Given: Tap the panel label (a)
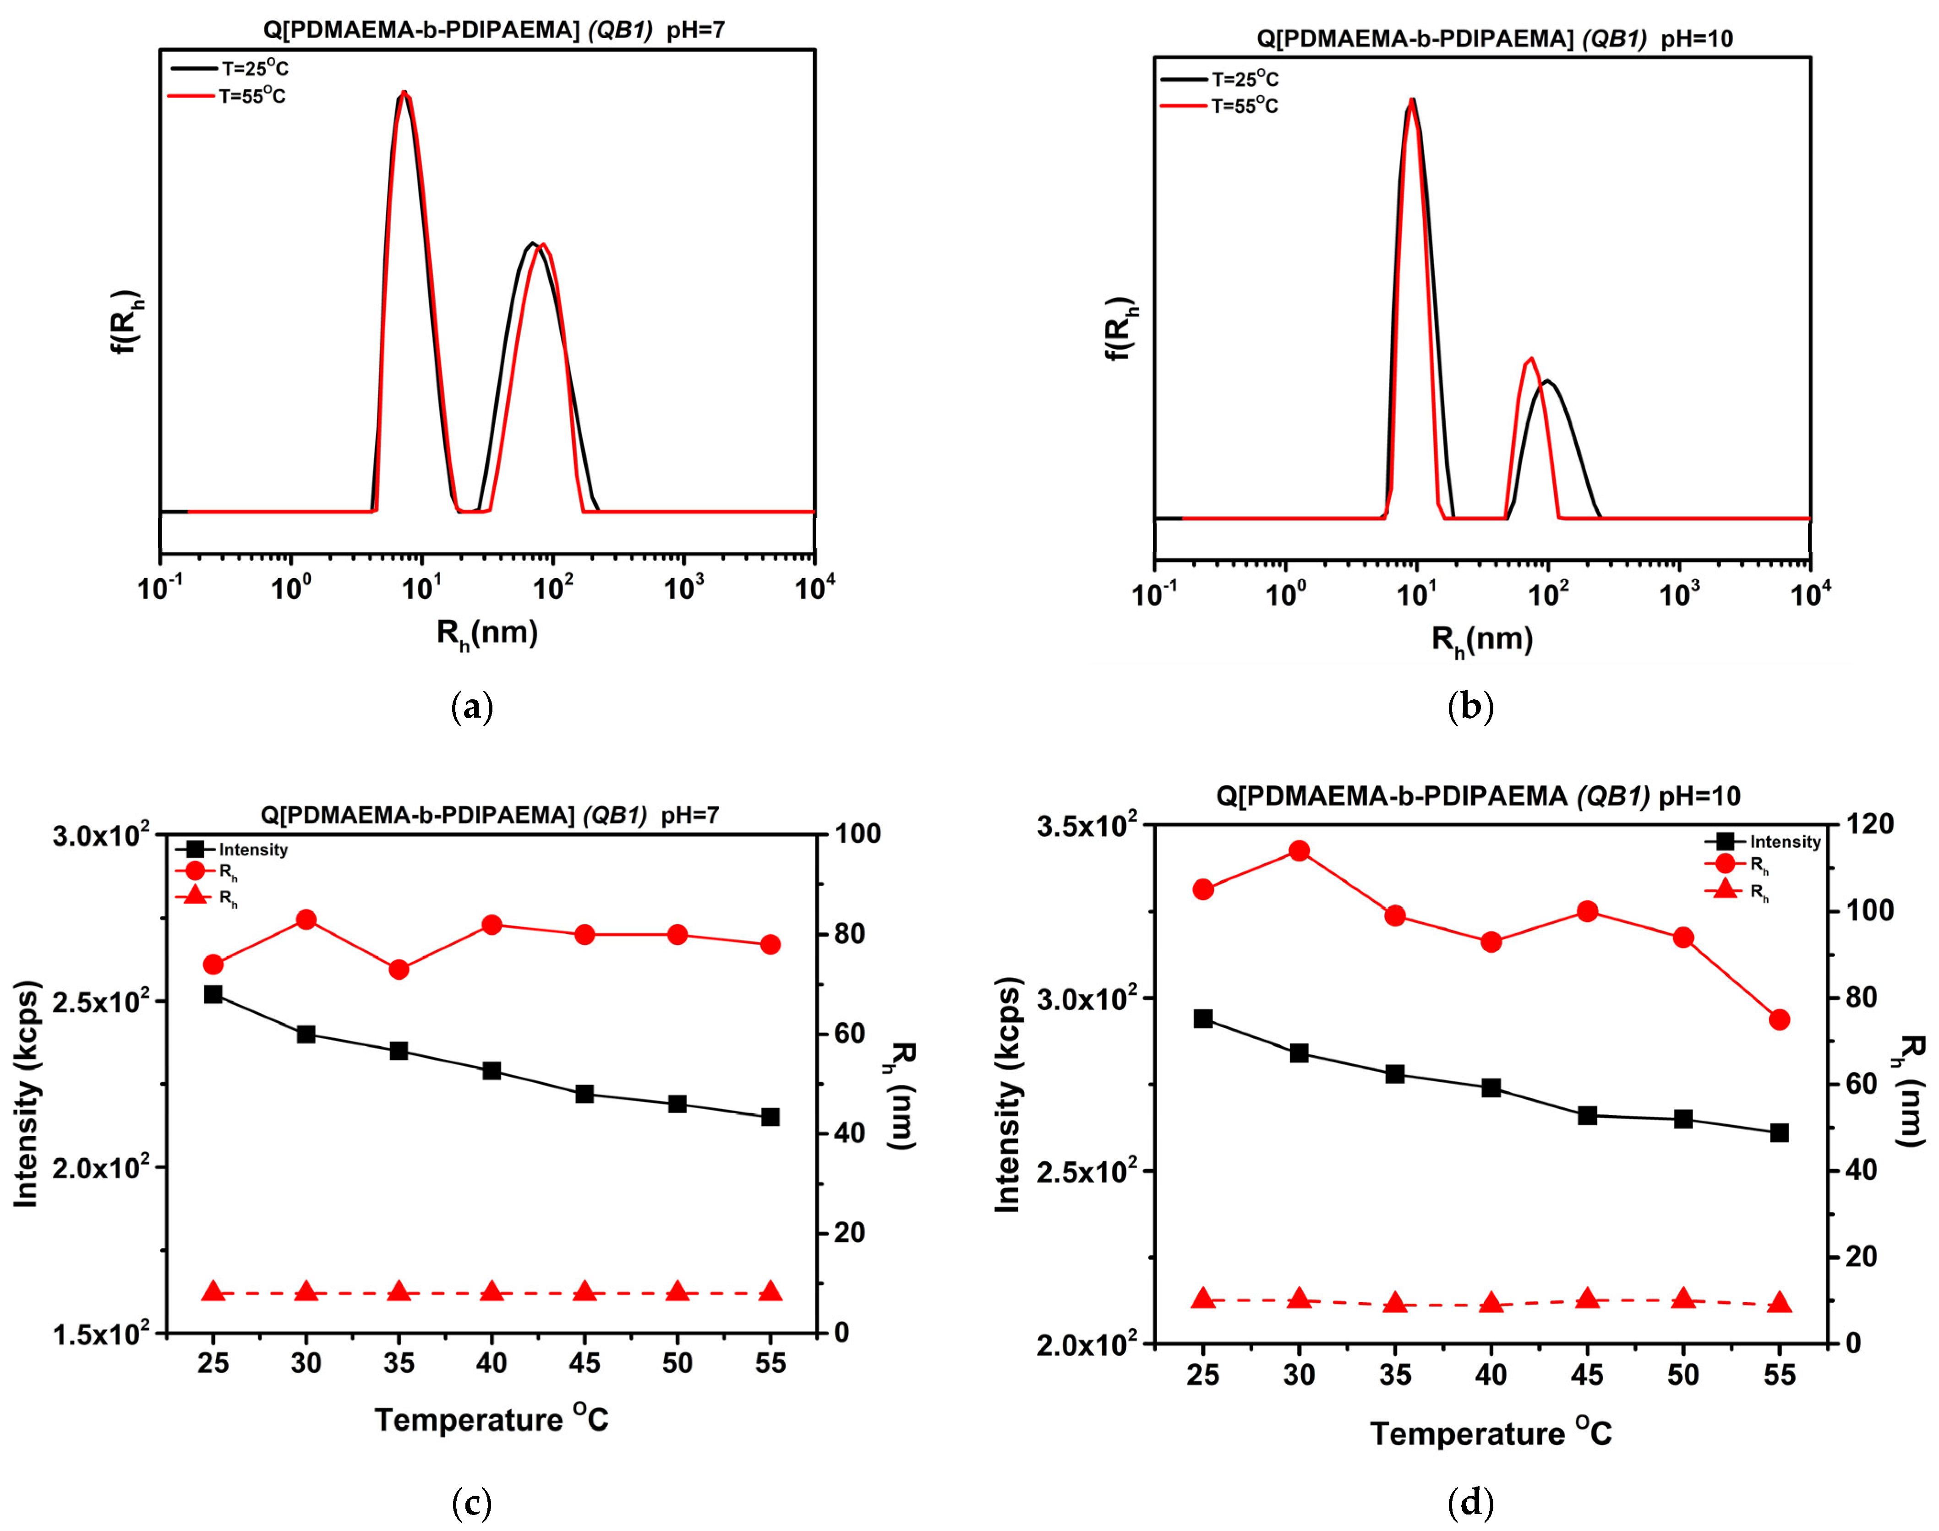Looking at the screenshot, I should [x=472, y=707].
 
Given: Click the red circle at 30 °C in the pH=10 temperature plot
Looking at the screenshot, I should [x=1299, y=850].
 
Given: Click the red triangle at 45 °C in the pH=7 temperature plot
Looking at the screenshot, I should [x=584, y=1291].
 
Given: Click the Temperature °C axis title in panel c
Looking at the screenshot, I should [x=491, y=1419].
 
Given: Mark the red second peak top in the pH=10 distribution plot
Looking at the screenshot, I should [x=1530, y=359].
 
